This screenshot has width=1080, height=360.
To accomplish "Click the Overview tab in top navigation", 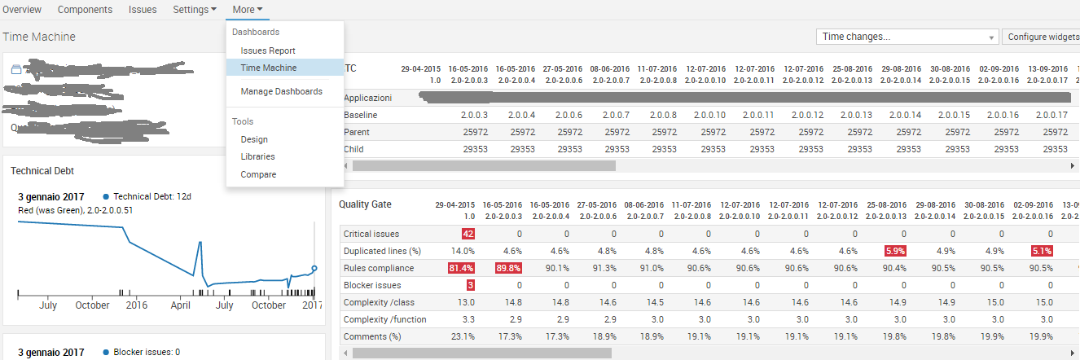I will coord(22,9).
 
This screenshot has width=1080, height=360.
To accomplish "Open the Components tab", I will coord(85,9).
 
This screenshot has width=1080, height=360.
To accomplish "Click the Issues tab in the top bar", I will coord(143,9).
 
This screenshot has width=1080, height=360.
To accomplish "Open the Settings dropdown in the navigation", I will coord(195,9).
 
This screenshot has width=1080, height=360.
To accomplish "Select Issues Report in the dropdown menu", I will coord(268,50).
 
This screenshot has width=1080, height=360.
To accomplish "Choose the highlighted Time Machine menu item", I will coord(269,68).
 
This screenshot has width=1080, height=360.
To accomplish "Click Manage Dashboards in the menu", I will coord(282,91).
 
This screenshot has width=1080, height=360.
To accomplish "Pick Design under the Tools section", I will coord(254,139).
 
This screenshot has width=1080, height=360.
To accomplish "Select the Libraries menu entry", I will coord(257,156).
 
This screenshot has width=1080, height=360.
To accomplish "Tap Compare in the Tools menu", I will coord(258,174).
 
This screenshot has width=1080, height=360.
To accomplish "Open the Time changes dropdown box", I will coord(907,37).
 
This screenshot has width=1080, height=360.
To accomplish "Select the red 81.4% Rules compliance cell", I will coord(461,268).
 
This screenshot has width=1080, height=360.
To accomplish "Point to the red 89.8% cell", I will coord(508,268).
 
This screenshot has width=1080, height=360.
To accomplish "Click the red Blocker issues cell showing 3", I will coord(470,285).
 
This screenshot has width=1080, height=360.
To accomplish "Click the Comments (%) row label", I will coord(372,336).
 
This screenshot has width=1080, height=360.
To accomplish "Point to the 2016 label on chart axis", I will coord(136,305).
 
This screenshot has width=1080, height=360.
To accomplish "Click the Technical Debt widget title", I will coord(42,171).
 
